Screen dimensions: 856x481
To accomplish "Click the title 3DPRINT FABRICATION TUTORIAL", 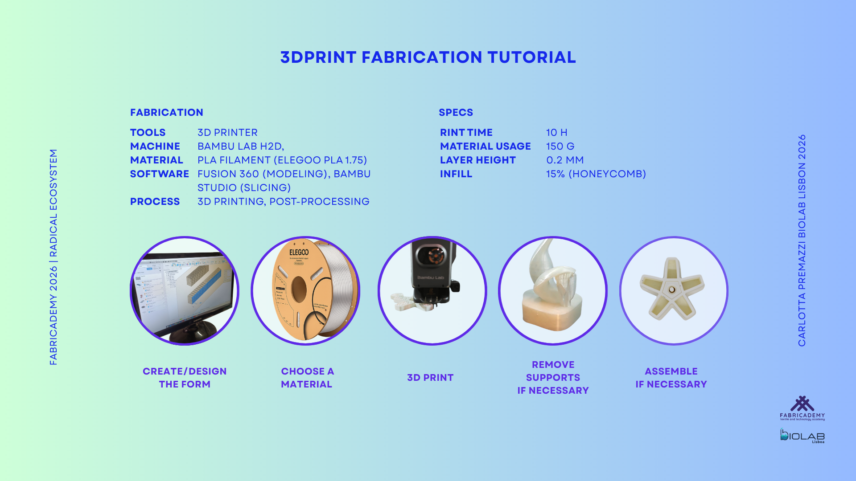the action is click(428, 57).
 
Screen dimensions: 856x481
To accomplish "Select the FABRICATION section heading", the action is click(167, 112).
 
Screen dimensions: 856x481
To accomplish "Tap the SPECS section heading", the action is click(456, 112).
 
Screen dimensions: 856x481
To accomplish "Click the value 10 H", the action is click(557, 133).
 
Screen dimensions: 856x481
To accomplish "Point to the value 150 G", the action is click(560, 147).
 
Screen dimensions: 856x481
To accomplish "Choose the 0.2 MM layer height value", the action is click(565, 160).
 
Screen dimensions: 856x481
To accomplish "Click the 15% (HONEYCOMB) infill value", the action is click(596, 174).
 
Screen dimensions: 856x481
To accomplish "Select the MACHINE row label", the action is click(155, 147).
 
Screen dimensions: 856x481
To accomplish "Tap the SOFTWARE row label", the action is click(160, 174).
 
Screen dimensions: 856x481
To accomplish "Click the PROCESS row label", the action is click(155, 202).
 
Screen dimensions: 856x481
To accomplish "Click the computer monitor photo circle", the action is click(185, 291).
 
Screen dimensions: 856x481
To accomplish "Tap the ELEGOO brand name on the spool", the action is click(299, 252).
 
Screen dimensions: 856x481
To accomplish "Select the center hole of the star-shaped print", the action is click(672, 289).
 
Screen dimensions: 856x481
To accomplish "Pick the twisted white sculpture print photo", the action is click(553, 291).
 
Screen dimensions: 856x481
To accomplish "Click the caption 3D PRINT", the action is click(430, 378).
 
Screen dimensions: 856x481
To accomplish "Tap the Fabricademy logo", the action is click(802, 408).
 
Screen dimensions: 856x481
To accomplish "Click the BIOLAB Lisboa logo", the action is click(802, 436).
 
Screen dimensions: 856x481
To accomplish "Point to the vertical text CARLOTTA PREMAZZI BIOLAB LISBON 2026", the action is click(802, 240).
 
